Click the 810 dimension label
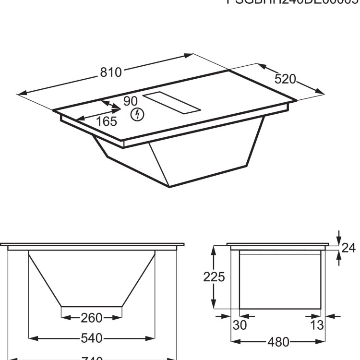point(111,72)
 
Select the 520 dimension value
point(285,79)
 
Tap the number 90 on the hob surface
point(130,101)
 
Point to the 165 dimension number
point(106,121)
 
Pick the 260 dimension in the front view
point(91,318)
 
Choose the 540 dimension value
point(91,338)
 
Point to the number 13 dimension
point(317,325)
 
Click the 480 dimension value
point(278,342)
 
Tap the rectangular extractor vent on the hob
point(170,103)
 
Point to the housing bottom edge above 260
point(91,307)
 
